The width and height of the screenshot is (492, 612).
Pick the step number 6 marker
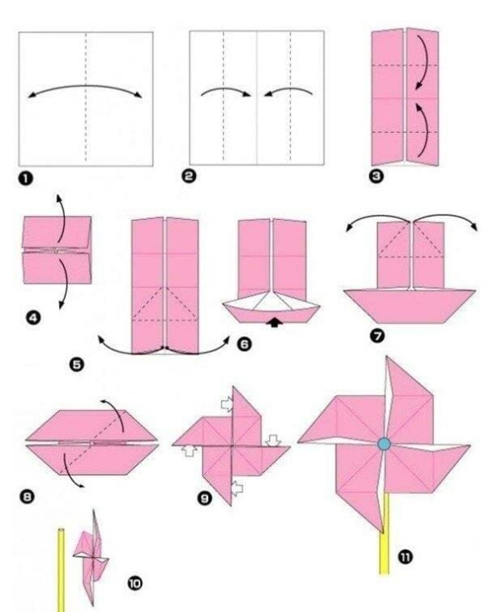(x=244, y=345)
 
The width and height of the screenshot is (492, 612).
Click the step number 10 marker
(x=136, y=582)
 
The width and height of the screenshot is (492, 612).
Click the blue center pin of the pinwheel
(x=385, y=443)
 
